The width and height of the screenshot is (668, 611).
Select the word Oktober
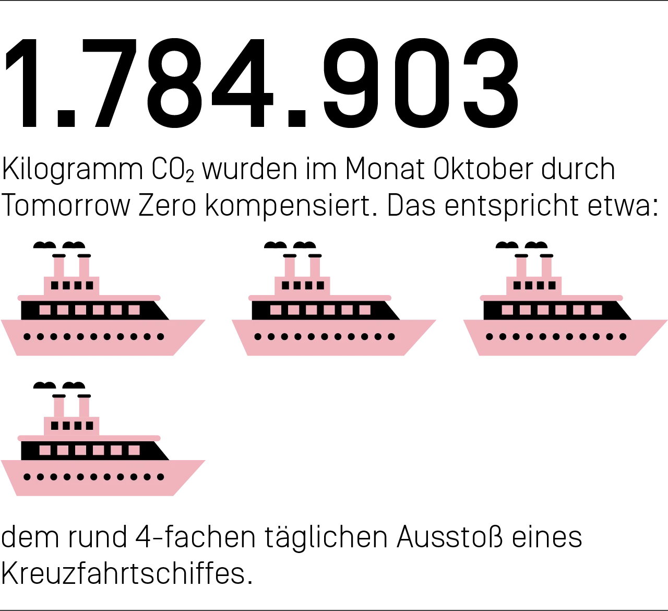(x=483, y=169)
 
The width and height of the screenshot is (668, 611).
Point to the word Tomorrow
(x=66, y=206)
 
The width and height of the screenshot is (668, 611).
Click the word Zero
(x=167, y=206)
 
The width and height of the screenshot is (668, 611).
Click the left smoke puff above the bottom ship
(x=45, y=385)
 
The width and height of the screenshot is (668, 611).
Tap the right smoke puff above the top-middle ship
(x=304, y=245)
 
